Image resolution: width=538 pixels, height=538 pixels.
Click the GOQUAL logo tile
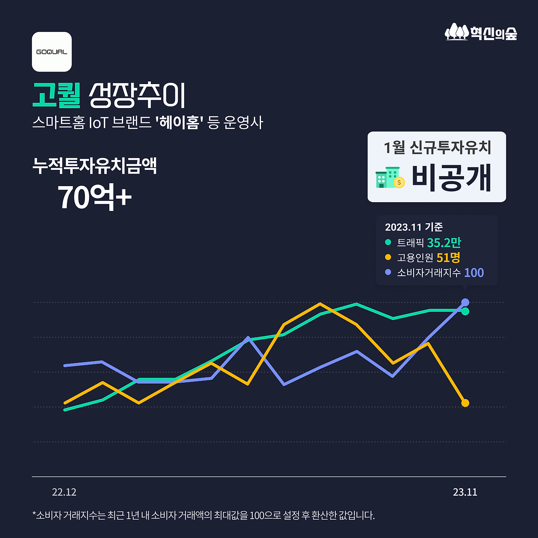[x=52, y=52]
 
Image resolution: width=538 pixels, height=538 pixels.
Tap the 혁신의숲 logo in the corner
[x=481, y=32]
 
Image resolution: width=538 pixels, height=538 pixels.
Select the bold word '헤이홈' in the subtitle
[x=179, y=123]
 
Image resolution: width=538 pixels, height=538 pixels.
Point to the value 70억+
[x=94, y=197]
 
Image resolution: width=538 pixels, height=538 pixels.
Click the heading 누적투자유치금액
[x=95, y=166]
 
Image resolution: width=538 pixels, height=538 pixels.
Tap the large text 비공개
[x=451, y=178]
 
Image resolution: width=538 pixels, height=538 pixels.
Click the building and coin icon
[x=390, y=177]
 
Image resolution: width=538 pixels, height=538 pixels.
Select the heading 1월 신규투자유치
[x=437, y=148]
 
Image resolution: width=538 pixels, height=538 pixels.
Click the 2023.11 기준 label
[x=414, y=227]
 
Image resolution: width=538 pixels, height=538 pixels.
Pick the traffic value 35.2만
[x=444, y=243]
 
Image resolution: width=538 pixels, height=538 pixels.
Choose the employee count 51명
[x=448, y=257]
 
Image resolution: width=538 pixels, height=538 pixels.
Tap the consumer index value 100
[x=474, y=272]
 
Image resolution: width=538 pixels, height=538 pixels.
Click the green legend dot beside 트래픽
[x=388, y=242]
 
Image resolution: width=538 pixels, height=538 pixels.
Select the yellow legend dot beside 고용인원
[x=388, y=257]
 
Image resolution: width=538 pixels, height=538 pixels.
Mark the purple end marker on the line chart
[x=465, y=302]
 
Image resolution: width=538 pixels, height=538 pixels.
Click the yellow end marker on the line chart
[x=465, y=403]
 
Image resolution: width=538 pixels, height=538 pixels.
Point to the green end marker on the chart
[x=465, y=311]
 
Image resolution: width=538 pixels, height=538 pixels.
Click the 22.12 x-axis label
[x=64, y=492]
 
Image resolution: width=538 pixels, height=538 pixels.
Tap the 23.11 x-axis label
[x=465, y=492]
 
